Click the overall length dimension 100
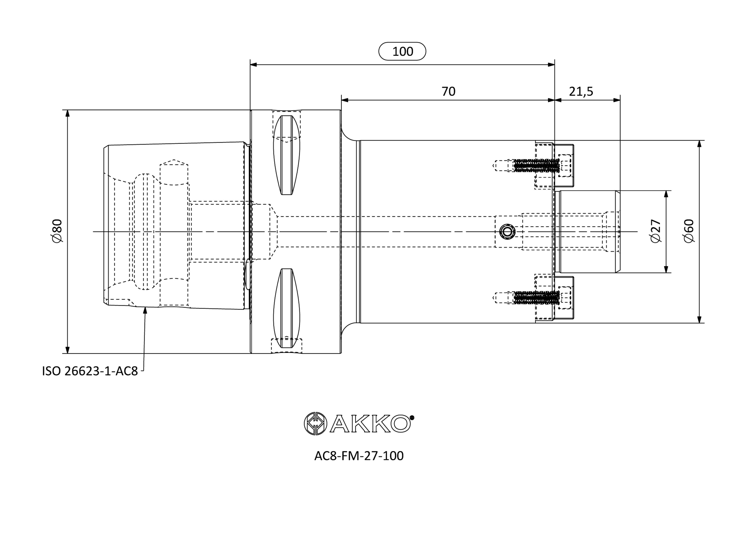pos(402,52)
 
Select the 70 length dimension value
pos(448,91)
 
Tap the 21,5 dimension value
pos(581,92)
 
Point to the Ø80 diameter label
pos(57,231)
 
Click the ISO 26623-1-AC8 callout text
pos(90,371)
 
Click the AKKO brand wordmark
pos(370,424)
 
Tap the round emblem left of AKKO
pos(315,424)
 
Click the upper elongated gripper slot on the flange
pos(287,155)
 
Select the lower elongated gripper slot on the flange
pos(287,308)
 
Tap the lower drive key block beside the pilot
pos(564,297)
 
